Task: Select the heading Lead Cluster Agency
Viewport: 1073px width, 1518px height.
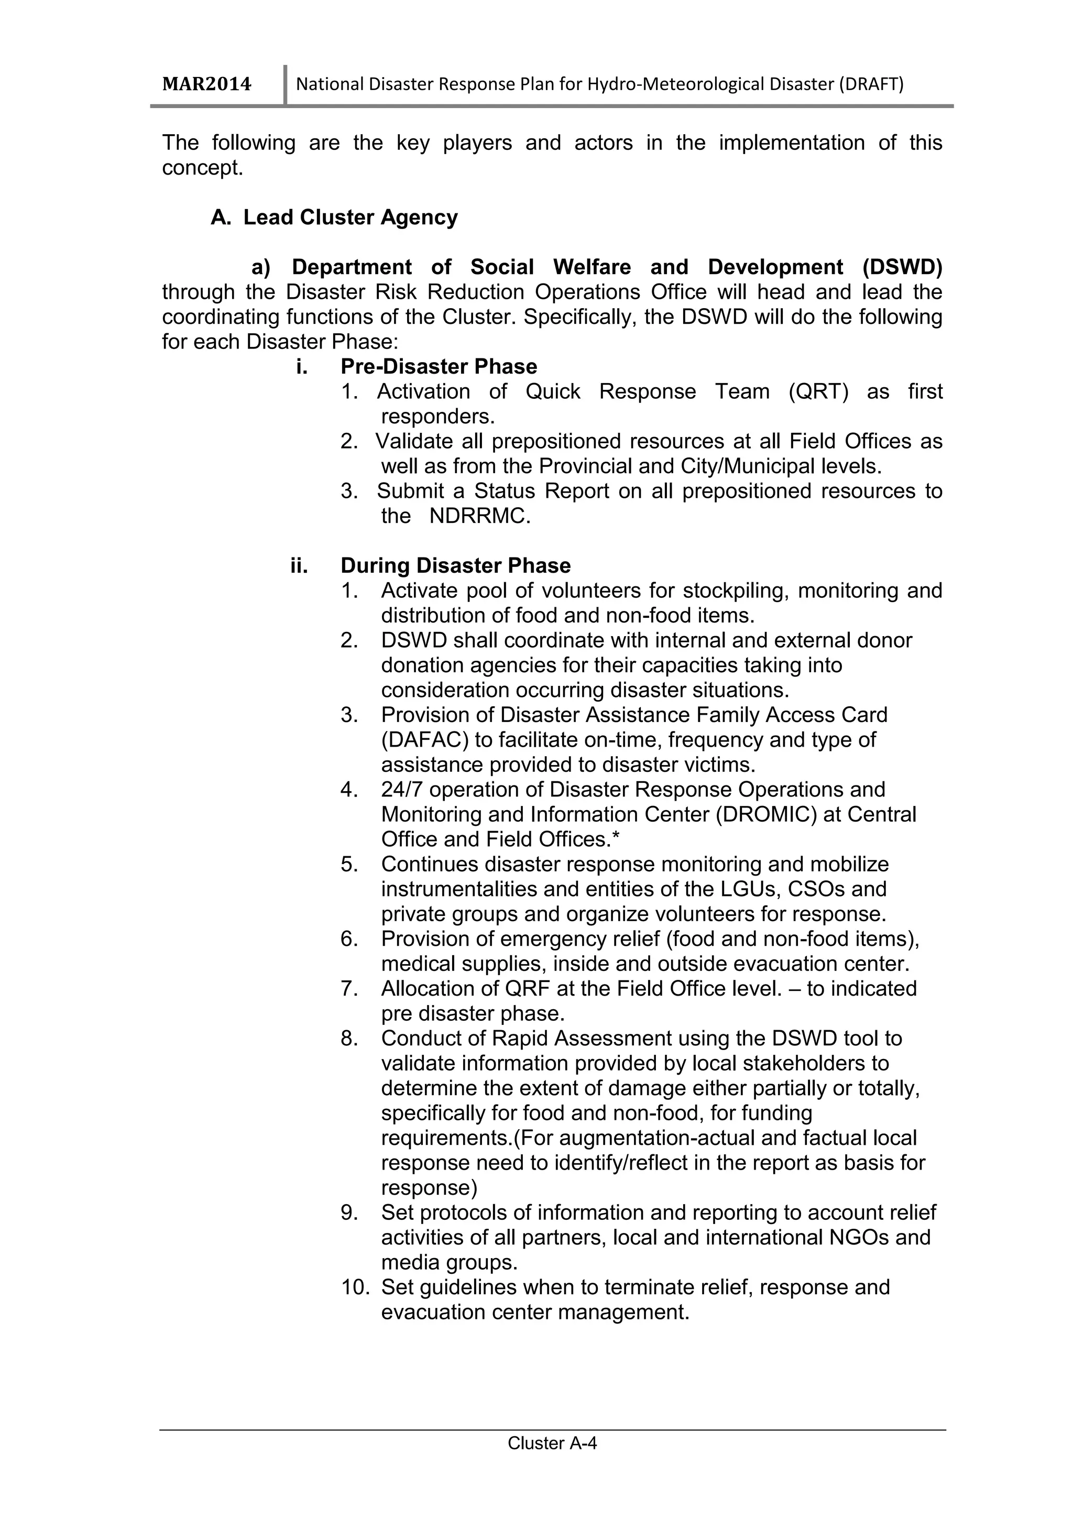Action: (350, 217)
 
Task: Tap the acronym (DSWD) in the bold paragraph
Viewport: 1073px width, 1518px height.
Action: (902, 267)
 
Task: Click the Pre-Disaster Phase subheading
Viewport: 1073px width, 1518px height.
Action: (439, 366)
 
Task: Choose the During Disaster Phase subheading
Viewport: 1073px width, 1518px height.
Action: (455, 565)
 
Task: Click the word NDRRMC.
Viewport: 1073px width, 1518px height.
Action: (479, 516)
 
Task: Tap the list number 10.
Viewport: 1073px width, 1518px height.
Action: (354, 1287)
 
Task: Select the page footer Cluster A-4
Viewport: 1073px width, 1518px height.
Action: (552, 1462)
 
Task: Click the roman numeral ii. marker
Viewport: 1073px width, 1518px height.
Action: (299, 565)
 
